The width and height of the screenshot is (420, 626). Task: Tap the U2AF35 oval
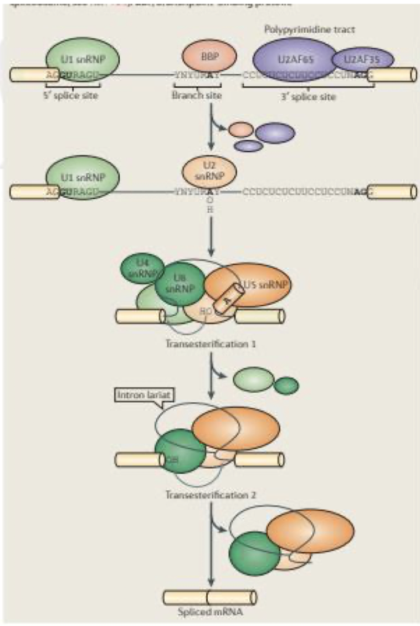(x=363, y=59)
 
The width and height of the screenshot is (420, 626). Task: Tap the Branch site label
(x=197, y=95)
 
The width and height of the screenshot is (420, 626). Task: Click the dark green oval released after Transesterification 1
(x=286, y=385)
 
